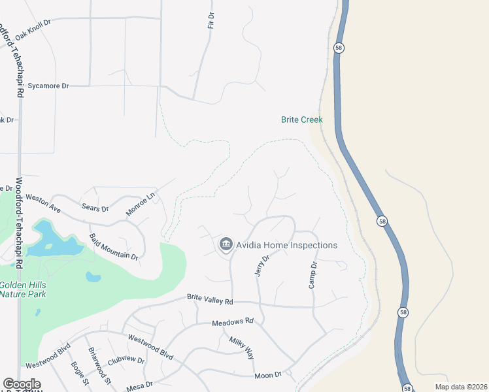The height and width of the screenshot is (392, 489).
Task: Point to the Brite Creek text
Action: click(302, 120)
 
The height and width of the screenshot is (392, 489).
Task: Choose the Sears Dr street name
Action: click(95, 208)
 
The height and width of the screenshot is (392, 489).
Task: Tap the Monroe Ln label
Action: click(141, 204)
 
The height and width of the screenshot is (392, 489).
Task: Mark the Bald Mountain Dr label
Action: click(114, 246)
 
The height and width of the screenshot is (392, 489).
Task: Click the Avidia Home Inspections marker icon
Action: click(226, 245)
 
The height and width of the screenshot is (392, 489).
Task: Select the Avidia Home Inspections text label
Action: click(287, 245)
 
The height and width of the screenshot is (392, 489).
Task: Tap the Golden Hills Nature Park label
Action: click(22, 289)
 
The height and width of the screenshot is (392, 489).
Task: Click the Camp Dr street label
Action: click(312, 275)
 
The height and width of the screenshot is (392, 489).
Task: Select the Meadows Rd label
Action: click(232, 322)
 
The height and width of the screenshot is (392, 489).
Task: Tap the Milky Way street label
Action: click(241, 348)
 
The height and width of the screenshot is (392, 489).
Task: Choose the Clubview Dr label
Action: click(126, 359)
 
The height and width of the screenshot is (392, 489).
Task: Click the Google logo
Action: click(22, 384)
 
